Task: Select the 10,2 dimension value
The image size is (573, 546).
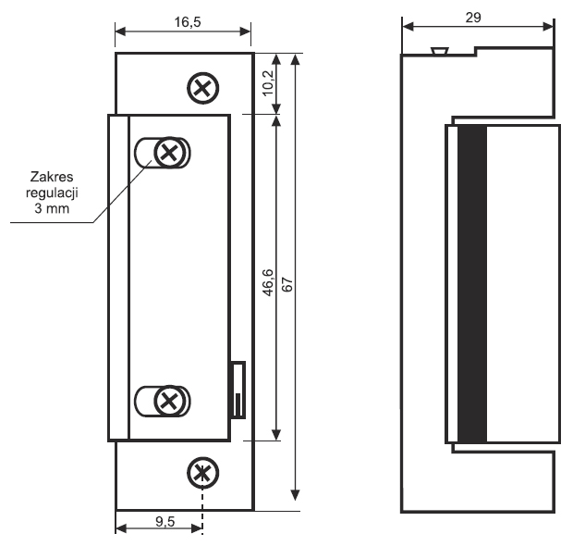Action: (267, 84)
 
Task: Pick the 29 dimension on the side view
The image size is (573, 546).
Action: (473, 18)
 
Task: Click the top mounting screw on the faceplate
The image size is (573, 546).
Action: (201, 88)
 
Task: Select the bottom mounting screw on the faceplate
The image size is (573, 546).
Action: (200, 473)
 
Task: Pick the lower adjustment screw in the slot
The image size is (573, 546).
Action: (167, 401)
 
